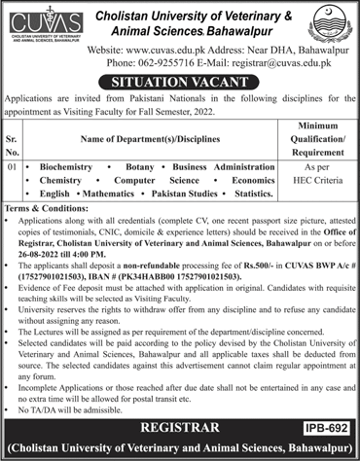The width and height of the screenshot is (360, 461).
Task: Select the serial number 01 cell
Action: click(14, 166)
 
